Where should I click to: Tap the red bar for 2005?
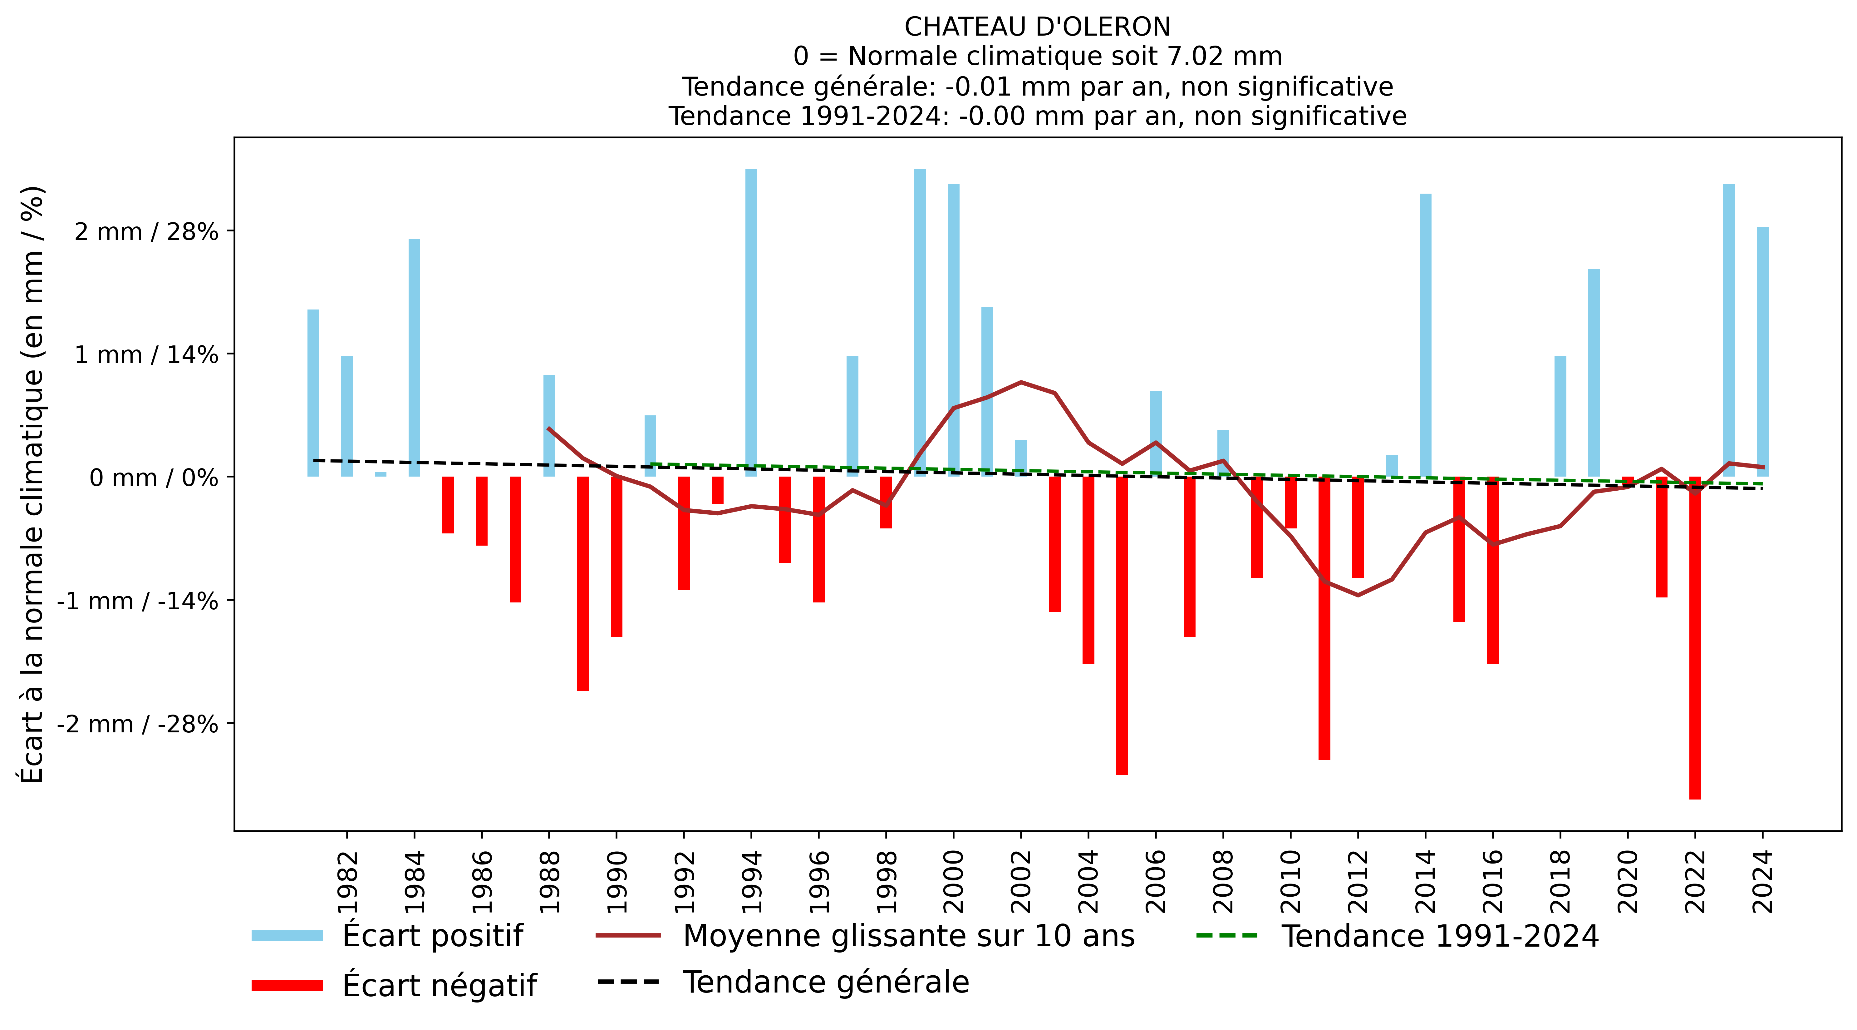[x=1122, y=625]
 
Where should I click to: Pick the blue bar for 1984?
[x=415, y=358]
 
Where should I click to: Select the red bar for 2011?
[x=1324, y=618]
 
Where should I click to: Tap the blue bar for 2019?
[x=1594, y=373]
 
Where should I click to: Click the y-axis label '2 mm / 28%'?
[x=146, y=231]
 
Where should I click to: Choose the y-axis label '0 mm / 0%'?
[x=154, y=478]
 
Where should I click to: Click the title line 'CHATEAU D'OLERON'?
[x=1037, y=27]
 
